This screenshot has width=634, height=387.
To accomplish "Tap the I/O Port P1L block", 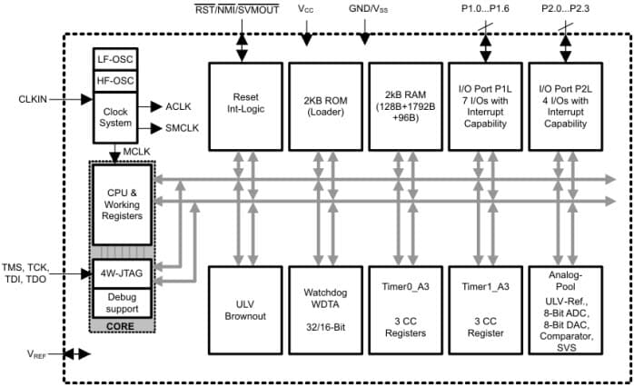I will coord(480,106).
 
